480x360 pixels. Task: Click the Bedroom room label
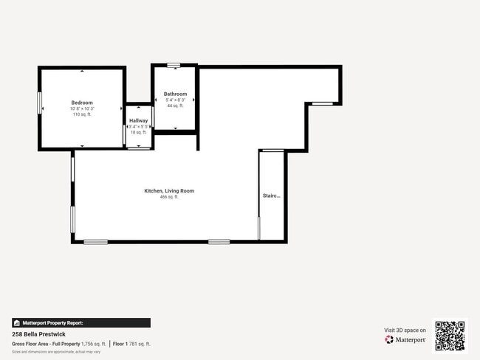[82, 103]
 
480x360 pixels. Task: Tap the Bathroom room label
[175, 94]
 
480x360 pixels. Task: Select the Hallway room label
[139, 120]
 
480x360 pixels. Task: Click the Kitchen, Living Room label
[169, 191]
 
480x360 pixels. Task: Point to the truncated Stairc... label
[272, 195]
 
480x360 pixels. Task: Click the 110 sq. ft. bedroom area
[82, 114]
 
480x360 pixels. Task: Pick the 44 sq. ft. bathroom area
[175, 105]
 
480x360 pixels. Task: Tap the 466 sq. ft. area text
[169, 197]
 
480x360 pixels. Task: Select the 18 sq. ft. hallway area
[139, 132]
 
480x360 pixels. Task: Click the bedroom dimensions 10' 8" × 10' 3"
[82, 108]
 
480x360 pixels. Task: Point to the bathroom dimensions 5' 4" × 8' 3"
[175, 100]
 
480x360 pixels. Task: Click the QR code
[450, 335]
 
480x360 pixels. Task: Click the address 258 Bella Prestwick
[39, 334]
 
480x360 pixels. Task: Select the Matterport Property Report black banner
[81, 322]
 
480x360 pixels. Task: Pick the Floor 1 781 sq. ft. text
[131, 344]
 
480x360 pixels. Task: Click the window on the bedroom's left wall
[39, 102]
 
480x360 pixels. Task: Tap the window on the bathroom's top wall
[174, 66]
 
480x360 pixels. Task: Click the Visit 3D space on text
[405, 330]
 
